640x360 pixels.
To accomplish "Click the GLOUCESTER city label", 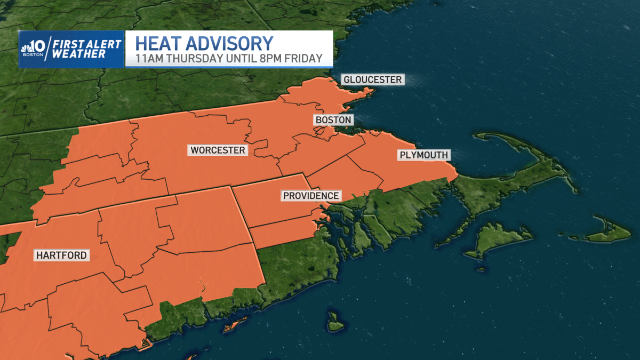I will coord(372,79).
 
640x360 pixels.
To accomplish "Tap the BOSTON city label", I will coord(333,120).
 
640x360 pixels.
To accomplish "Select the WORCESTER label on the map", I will coord(218,150).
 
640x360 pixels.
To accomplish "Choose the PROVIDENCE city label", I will coord(311,196).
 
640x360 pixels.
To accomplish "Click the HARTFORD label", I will coord(61,255).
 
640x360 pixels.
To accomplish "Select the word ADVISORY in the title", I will coord(231,43).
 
